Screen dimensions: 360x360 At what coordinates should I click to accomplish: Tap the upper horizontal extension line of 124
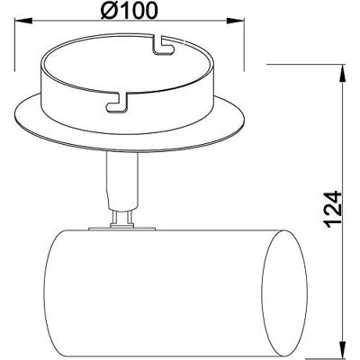[306, 64]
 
